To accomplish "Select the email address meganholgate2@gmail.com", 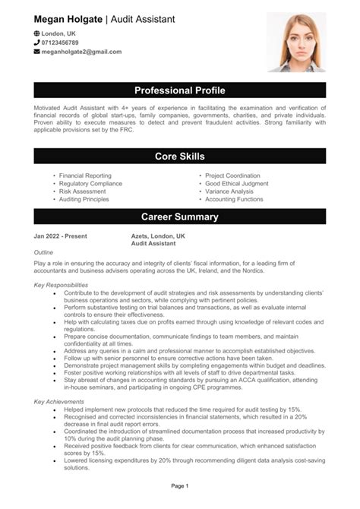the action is [x=81, y=52].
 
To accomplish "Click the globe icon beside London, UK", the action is [x=37, y=34].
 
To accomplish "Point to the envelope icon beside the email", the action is [x=37, y=52].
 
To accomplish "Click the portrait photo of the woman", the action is [x=295, y=42].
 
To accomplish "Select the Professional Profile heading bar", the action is [x=180, y=90].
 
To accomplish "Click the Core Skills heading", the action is [x=180, y=156].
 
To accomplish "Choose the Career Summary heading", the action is [x=180, y=217].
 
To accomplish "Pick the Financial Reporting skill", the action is [x=85, y=175].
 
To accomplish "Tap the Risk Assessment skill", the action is [x=82, y=191].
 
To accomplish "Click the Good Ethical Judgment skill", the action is [x=236, y=183].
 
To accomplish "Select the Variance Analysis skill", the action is [x=229, y=191].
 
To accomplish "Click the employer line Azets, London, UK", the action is [x=158, y=236].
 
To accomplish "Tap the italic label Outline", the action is [x=43, y=251].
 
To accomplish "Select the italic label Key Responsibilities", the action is [x=61, y=285].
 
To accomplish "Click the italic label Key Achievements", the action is [x=58, y=400].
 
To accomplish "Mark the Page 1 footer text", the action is [x=180, y=485].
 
